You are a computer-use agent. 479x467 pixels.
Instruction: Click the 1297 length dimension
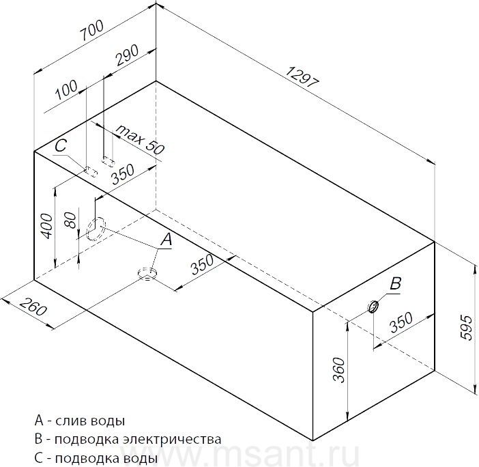(x=302, y=78)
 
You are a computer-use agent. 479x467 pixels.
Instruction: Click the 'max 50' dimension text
(x=140, y=139)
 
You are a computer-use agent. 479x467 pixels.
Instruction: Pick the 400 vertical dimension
(x=46, y=226)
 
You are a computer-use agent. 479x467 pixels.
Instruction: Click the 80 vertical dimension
(x=70, y=221)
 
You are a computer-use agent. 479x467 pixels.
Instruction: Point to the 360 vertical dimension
(x=338, y=370)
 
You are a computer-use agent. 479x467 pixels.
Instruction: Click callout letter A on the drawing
(x=166, y=239)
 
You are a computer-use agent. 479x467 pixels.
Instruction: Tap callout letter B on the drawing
(x=396, y=283)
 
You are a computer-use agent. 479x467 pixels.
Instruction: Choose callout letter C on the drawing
(x=61, y=146)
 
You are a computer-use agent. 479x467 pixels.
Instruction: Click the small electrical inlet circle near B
(x=373, y=307)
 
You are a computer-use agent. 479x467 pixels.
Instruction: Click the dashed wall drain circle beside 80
(x=96, y=229)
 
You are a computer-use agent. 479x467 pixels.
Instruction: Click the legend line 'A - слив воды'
(x=80, y=421)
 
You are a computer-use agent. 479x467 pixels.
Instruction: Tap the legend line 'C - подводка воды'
(x=96, y=458)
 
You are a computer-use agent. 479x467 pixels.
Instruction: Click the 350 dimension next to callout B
(x=401, y=322)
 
